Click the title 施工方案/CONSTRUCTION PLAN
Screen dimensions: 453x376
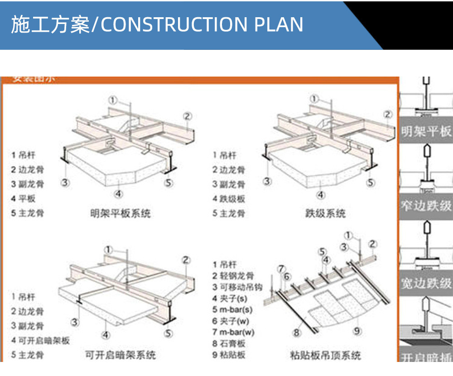[x=157, y=24]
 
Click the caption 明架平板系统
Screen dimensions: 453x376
[x=120, y=213]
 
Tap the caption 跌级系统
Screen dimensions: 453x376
[x=325, y=213]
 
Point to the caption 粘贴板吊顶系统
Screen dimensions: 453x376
[x=325, y=355]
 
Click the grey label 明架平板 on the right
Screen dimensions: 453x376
[x=426, y=131]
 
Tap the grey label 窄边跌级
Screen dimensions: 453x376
[x=426, y=207]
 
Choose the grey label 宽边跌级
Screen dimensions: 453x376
[x=426, y=284]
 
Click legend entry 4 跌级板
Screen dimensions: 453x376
[x=229, y=198]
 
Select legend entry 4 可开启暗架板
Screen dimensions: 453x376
[x=40, y=340]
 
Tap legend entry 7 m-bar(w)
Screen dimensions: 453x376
[x=233, y=333]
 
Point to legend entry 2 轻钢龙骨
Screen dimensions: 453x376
[x=233, y=276]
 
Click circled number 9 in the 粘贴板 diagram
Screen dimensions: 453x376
[x=357, y=331]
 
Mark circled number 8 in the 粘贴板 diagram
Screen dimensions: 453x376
[x=297, y=333]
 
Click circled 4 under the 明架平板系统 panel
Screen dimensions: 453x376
[x=118, y=194]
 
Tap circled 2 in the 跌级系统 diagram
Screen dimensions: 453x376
[x=387, y=115]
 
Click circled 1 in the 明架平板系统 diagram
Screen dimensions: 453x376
[x=113, y=99]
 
